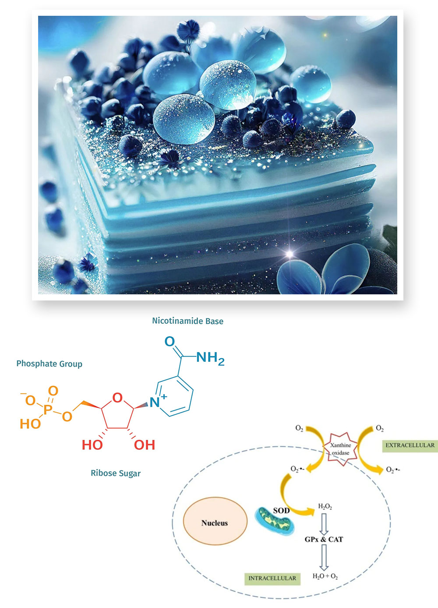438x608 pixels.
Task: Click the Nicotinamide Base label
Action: pos(187,321)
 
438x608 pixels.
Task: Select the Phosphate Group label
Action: pos(49,364)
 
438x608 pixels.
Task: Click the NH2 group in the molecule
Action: pos(210,358)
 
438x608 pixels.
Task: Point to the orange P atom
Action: pos(48,409)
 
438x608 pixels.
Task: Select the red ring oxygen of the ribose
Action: pos(117,398)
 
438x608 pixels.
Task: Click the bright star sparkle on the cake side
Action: pos(290,254)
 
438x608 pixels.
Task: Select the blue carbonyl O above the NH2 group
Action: pos(170,341)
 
